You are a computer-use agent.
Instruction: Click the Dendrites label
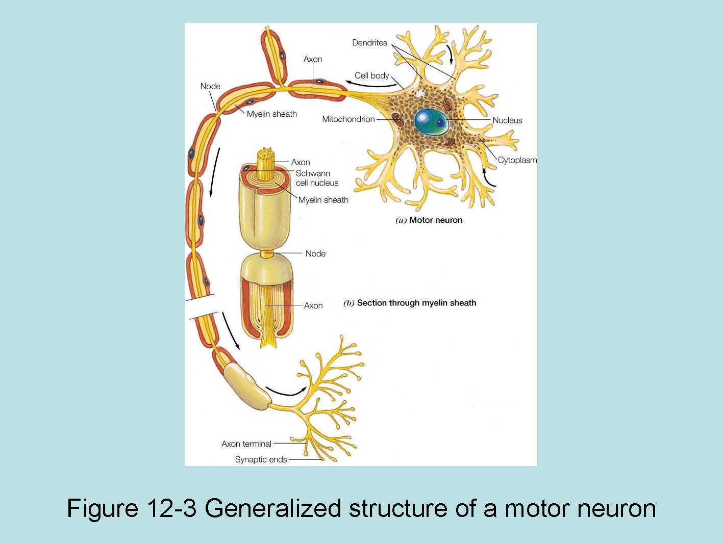coord(369,43)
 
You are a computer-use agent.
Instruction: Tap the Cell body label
coord(371,75)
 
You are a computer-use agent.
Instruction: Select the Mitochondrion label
coord(348,119)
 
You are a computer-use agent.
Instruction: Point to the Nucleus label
coord(507,120)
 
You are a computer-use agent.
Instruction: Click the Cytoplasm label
coord(517,160)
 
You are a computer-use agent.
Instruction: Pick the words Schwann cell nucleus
coord(317,178)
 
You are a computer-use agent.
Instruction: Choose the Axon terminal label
coord(246,444)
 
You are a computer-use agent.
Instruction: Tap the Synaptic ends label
coord(261,459)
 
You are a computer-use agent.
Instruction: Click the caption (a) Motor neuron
coord(429,220)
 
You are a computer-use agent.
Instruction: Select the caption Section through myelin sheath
coord(416,303)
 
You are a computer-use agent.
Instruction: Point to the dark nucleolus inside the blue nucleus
coord(439,122)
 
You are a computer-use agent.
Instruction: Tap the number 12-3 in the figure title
coord(171,508)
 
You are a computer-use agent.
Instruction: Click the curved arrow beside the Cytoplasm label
coord(488,178)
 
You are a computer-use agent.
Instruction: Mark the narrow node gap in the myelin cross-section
coord(267,253)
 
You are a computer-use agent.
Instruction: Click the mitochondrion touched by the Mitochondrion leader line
coord(397,120)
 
